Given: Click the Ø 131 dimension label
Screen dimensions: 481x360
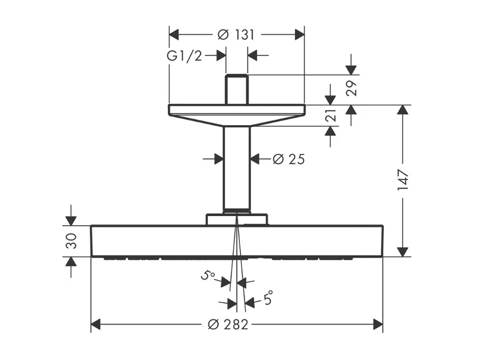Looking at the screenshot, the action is pos(236,35).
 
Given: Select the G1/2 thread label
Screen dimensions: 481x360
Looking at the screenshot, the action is pos(185,56).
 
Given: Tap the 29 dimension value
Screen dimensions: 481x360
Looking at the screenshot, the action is pos(351,89).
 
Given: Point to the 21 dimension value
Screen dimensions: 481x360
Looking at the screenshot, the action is pos(331,115).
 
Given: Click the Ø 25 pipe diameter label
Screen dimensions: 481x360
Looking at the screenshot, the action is pos(288,159).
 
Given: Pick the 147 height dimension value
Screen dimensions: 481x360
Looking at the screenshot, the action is pos(403,179).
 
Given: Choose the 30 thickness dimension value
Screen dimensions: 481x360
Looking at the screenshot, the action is pos(71,241).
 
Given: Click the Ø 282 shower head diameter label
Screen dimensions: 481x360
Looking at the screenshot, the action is pos(228,324).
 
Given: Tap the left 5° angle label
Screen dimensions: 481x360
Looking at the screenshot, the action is pos(208,275).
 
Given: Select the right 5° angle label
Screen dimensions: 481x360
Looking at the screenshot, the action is pos(268,297).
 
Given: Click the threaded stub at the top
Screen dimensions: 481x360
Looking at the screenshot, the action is pos(237,89).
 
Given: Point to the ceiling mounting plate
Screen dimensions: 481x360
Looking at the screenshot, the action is pos(237,115).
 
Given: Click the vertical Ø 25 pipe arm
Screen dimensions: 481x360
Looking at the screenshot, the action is pos(237,167).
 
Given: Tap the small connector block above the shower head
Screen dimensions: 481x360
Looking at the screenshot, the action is pos(237,219).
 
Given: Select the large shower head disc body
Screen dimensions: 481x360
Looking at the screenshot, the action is pos(237,241).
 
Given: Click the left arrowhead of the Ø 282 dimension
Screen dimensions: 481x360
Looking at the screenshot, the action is pos(96,324).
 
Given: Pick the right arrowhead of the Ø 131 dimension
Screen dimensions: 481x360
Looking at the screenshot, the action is pos(299,35).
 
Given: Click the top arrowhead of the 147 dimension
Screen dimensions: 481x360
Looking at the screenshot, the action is pos(403,110).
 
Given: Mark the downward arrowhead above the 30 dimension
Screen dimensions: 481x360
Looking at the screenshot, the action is pos(71,221).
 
